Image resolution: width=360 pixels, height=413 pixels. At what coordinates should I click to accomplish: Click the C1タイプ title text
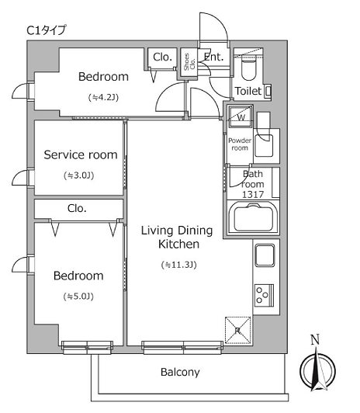47,30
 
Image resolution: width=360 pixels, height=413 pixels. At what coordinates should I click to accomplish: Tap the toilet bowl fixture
249,68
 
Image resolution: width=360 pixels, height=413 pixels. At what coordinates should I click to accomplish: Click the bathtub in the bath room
253,218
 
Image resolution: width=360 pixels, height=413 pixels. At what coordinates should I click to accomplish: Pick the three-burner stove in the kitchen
265,295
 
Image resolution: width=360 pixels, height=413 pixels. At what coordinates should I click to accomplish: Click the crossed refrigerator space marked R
238,330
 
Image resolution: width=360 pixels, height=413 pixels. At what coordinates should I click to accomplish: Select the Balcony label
180,372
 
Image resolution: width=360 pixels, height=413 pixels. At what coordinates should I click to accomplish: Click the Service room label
81,155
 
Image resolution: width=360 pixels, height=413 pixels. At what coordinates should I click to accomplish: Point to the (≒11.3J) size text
179,265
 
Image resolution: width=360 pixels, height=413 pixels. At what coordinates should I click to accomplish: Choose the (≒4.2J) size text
103,98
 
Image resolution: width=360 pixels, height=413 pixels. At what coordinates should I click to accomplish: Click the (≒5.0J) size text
78,297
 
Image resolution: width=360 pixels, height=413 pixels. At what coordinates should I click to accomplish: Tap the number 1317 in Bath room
253,194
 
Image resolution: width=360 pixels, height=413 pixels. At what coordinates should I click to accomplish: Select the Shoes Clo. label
189,62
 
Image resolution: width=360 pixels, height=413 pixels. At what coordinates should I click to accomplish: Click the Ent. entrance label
213,57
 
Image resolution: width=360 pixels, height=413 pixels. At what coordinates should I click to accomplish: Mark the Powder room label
240,144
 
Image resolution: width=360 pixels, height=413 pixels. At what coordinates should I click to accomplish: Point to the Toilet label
248,91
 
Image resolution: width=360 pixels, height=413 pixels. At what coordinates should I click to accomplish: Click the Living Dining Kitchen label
177,238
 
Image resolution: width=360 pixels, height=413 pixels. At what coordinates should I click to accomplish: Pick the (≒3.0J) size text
79,175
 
